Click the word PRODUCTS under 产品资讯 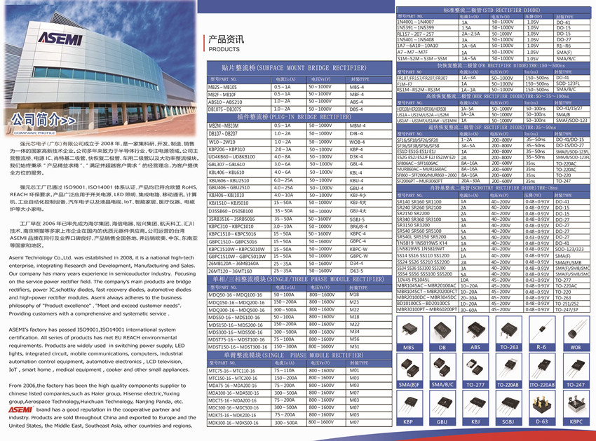[224, 50]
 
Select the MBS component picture [409, 328]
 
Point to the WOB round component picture [574, 328]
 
